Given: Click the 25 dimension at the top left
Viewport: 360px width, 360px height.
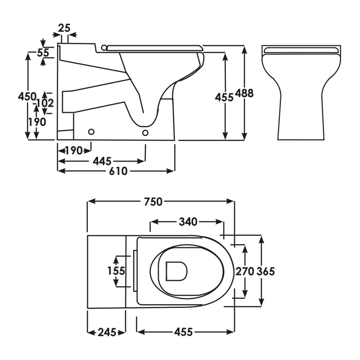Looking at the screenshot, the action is coord(64,28).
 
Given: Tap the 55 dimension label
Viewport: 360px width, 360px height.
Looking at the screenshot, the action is coord(43,53).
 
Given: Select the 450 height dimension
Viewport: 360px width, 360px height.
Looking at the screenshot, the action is coord(27,96).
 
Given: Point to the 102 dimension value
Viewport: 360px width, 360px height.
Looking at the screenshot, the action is coord(45,103).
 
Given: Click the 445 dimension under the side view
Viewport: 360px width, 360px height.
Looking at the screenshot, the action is coord(102,161).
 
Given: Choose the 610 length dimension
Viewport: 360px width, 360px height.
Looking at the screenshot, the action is coord(118,171).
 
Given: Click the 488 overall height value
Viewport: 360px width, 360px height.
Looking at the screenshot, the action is coord(244,93).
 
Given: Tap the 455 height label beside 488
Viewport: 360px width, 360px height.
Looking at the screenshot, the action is coord(224,98).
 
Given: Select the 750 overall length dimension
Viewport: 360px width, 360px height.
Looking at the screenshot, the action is coord(153,202).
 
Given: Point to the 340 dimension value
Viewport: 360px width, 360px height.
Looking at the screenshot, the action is coord(188,222).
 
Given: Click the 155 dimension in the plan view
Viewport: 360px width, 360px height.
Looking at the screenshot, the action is coord(116,271).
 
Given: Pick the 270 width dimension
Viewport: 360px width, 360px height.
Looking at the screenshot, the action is coord(245,272).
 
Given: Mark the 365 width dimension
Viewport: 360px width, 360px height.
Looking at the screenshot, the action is coord(265,272).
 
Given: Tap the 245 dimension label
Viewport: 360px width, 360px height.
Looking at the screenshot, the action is coord(107,332).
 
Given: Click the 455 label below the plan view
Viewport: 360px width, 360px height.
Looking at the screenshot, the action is coord(183,332).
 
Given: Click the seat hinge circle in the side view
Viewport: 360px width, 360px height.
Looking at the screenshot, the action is coord(104,48).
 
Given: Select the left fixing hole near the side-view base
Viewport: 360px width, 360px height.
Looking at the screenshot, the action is coord(91,132).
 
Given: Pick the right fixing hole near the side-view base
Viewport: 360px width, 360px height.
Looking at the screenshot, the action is coord(145,133).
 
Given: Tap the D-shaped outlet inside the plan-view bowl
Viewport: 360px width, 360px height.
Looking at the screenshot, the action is coord(176,271).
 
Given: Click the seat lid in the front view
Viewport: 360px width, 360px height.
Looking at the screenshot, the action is coord(301,50).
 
